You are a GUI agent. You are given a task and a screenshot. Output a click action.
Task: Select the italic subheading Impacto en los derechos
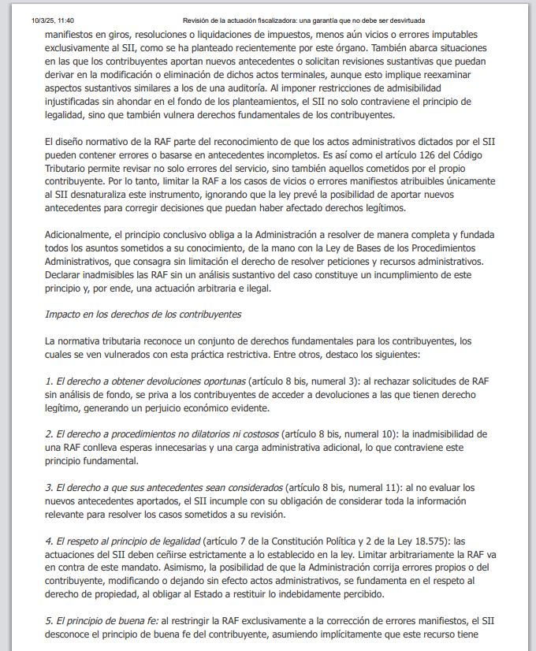point(143,314)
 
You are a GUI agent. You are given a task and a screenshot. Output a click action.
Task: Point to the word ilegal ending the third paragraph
point(253,288)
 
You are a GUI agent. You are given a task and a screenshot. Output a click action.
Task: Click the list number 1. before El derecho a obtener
point(49,381)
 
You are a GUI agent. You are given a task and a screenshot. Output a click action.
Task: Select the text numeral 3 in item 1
point(331,381)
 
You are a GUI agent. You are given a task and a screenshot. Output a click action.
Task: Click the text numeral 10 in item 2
point(373,435)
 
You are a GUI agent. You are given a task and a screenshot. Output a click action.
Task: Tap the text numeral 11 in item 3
point(385,488)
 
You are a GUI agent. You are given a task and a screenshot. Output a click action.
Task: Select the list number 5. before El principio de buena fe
point(49,622)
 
